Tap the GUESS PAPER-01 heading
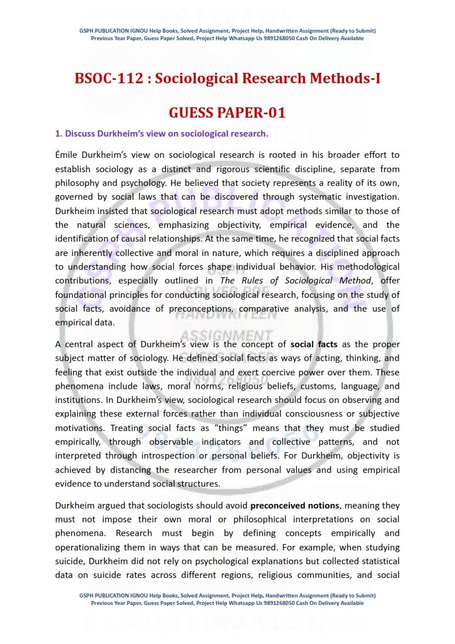click(227, 112)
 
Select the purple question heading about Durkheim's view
click(161, 134)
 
